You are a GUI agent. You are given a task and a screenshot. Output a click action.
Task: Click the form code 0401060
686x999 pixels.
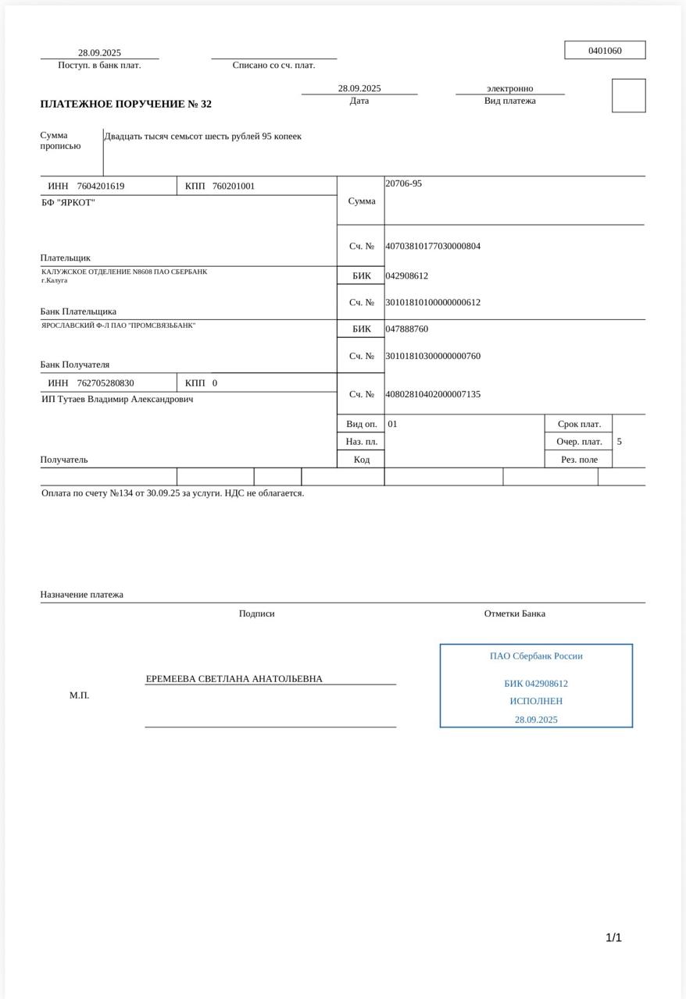coord(605,51)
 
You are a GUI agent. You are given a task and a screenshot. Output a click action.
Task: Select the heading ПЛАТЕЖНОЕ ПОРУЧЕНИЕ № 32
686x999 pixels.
coord(126,104)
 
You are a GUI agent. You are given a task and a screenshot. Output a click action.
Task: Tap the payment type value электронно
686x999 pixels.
coord(509,88)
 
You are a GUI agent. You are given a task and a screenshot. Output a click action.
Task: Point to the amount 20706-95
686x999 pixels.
coord(403,183)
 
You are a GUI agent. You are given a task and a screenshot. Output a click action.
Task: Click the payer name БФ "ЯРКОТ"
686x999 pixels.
coord(69,202)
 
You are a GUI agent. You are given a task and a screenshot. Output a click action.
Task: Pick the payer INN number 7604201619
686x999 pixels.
coord(101,186)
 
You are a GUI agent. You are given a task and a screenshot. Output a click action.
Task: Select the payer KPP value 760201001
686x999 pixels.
coord(234,186)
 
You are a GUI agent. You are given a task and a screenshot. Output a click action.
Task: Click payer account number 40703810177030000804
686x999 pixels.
coord(433,246)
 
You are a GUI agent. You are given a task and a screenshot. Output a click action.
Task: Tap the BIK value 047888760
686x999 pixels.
coord(406,329)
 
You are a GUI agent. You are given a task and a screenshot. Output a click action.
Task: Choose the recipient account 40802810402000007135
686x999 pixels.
coord(433,394)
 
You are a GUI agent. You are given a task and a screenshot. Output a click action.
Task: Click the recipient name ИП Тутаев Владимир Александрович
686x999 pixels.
coord(117,399)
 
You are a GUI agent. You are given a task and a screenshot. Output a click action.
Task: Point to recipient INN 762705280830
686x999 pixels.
coord(105,383)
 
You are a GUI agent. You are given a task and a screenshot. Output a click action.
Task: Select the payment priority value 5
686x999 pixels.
coord(620,442)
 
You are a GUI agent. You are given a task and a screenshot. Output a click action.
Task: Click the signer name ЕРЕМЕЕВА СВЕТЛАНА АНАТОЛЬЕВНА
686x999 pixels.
coord(234,679)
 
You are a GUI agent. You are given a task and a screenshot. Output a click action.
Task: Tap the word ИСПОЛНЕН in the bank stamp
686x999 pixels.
coord(536,701)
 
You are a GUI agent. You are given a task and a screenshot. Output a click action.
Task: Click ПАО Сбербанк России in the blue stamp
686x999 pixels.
coord(536,656)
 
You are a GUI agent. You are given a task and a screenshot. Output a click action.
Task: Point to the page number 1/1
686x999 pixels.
coord(613,937)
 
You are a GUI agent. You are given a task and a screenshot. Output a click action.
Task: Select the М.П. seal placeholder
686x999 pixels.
coord(79,695)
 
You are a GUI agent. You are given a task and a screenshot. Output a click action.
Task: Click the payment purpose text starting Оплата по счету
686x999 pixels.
coord(173,492)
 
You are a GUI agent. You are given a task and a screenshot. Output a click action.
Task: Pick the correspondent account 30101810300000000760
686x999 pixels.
coord(433,356)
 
